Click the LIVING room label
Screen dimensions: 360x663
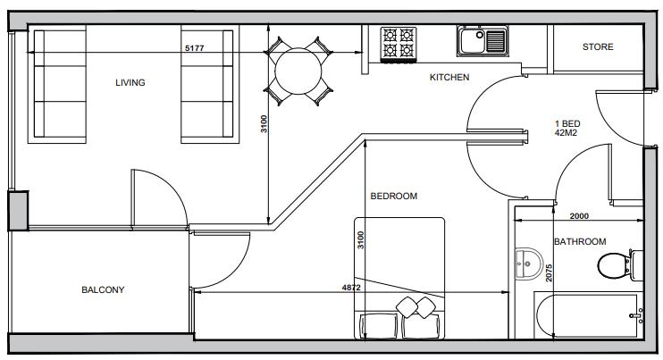(130, 83)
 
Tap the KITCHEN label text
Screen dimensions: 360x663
(449, 78)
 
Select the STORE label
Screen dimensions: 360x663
(598, 47)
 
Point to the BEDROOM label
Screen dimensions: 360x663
(394, 197)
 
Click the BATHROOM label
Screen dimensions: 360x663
(580, 242)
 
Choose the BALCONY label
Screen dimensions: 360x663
(103, 290)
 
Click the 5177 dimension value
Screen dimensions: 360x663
(194, 47)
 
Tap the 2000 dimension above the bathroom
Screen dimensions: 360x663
(580, 215)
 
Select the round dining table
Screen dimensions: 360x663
(298, 71)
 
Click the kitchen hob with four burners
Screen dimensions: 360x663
(399, 44)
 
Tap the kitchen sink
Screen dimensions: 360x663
(483, 41)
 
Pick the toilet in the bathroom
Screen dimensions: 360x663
(616, 265)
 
